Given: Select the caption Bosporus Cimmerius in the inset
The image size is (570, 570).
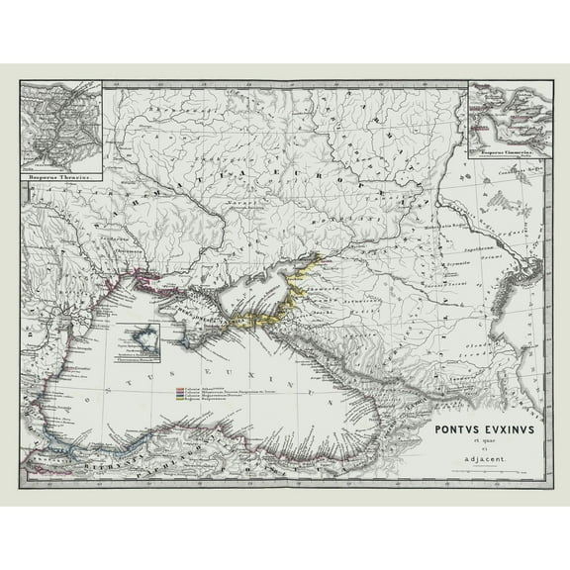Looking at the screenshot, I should point(507,154).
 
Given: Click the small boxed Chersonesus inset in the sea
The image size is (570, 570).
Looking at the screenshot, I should point(137,340).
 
